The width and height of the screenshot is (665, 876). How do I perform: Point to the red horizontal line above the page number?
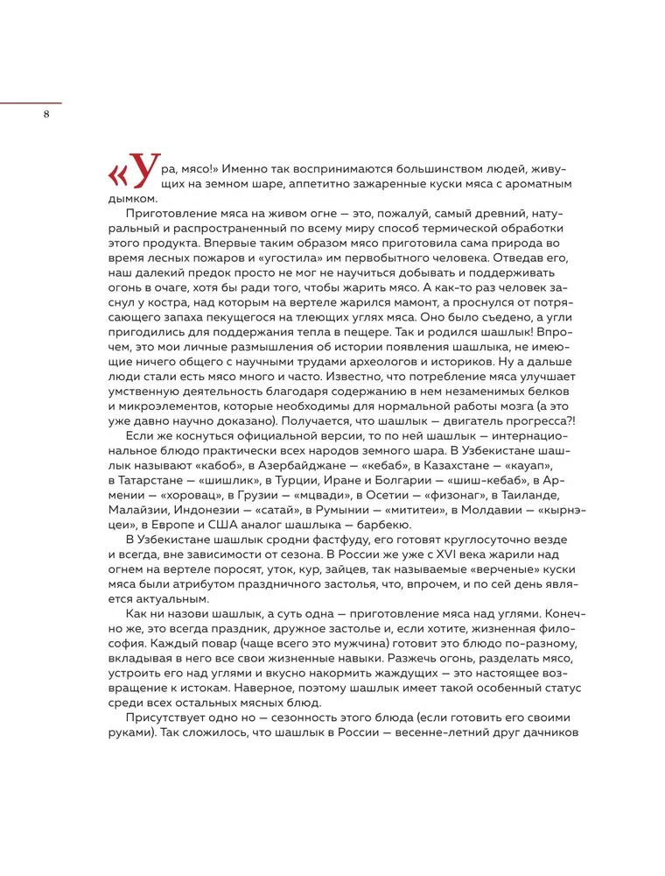point(31,102)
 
